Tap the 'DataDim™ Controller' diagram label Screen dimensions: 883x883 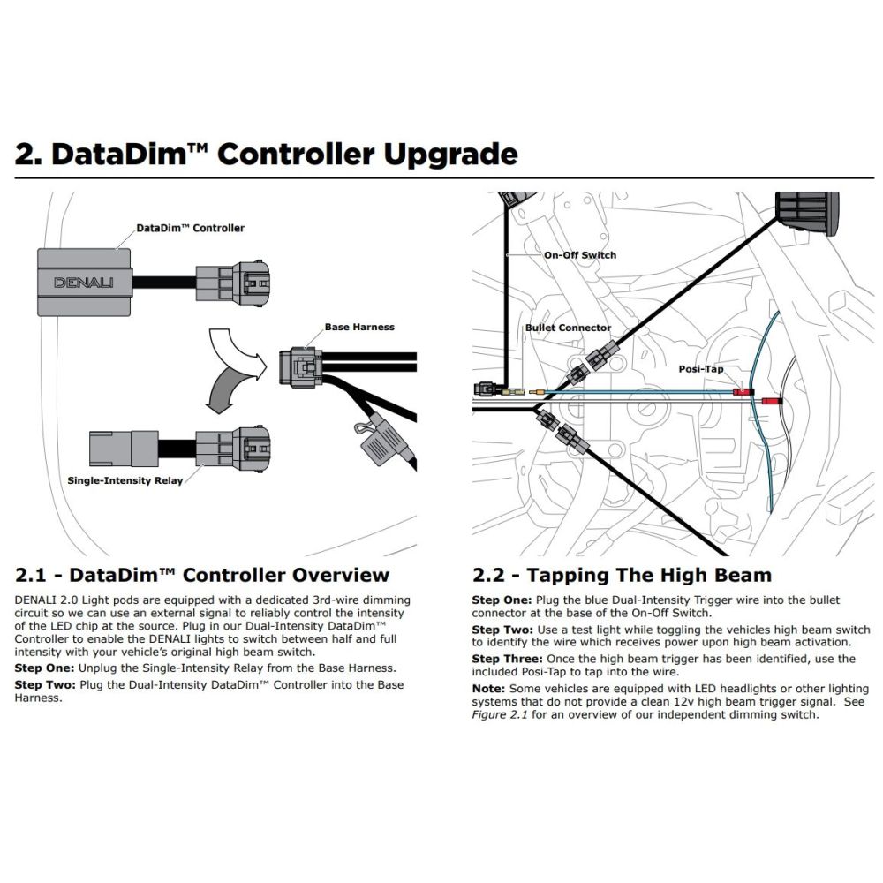tap(190, 228)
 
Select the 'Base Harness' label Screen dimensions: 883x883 tap(359, 327)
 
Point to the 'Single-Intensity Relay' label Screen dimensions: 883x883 tap(124, 480)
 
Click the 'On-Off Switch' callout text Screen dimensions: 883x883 tap(580, 255)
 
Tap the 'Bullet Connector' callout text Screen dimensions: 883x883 tap(568, 328)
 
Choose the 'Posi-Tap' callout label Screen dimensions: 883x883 tap(702, 368)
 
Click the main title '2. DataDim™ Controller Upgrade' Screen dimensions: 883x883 tap(266, 155)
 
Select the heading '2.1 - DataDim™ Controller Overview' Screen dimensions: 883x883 tap(202, 576)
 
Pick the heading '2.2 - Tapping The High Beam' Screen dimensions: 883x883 tap(622, 576)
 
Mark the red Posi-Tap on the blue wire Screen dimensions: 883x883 tap(743, 391)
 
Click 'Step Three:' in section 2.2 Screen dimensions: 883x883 tap(507, 659)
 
